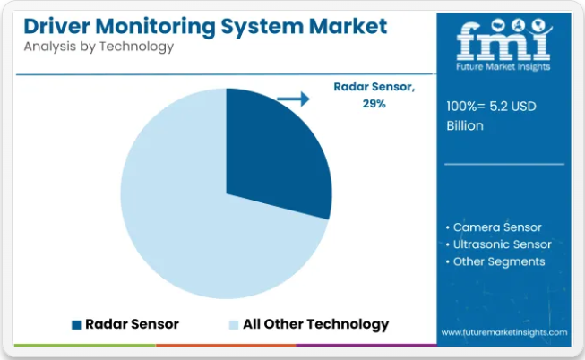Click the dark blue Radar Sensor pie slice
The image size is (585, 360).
click(276, 153)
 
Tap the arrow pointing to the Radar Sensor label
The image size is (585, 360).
click(293, 99)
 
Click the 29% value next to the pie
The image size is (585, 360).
click(374, 104)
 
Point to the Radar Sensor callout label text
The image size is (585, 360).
click(374, 87)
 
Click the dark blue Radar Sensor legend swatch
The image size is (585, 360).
click(76, 325)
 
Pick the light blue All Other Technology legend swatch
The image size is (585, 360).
click(234, 325)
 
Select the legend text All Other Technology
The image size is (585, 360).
click(315, 324)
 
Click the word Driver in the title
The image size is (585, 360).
click(57, 26)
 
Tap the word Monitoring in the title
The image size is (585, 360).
click(155, 27)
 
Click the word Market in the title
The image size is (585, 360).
click(348, 26)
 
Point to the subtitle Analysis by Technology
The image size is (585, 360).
click(99, 47)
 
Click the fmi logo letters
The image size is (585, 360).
click(503, 40)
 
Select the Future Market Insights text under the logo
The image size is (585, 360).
click(503, 67)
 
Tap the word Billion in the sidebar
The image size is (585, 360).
click(465, 125)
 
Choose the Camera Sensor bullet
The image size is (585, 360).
click(494, 227)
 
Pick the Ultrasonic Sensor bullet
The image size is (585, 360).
click(498, 244)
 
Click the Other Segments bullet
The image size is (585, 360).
click(495, 261)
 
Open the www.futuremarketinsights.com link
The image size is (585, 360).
click(504, 332)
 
